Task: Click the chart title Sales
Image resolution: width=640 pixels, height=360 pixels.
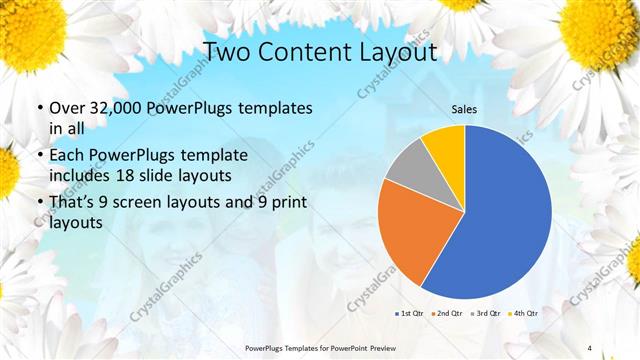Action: (x=464, y=109)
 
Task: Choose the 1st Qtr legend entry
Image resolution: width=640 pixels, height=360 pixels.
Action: (x=411, y=314)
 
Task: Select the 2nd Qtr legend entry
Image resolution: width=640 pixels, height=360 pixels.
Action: (x=448, y=314)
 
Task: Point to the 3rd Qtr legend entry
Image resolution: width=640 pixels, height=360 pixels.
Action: (x=485, y=314)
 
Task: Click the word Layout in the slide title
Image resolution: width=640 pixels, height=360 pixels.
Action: (x=398, y=51)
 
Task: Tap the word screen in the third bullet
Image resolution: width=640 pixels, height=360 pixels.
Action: (x=155, y=204)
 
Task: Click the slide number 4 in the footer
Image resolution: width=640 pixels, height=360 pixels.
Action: (x=590, y=347)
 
